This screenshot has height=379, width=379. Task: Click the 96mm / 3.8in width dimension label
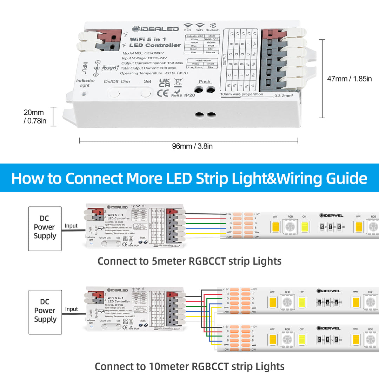click(192, 146)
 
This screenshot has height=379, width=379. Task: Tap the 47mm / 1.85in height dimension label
click(349, 79)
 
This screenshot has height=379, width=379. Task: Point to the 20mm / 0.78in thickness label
click(34, 117)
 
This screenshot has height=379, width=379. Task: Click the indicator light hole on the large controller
click(84, 94)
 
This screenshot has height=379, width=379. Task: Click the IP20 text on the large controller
click(189, 95)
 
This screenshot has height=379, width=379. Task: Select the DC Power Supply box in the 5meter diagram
click(45, 228)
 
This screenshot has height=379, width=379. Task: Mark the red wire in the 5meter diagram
click(204, 218)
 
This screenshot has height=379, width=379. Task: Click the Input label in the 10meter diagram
click(72, 309)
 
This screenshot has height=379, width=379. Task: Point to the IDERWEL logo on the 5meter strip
click(331, 215)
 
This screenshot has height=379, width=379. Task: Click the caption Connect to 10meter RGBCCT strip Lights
click(189, 367)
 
